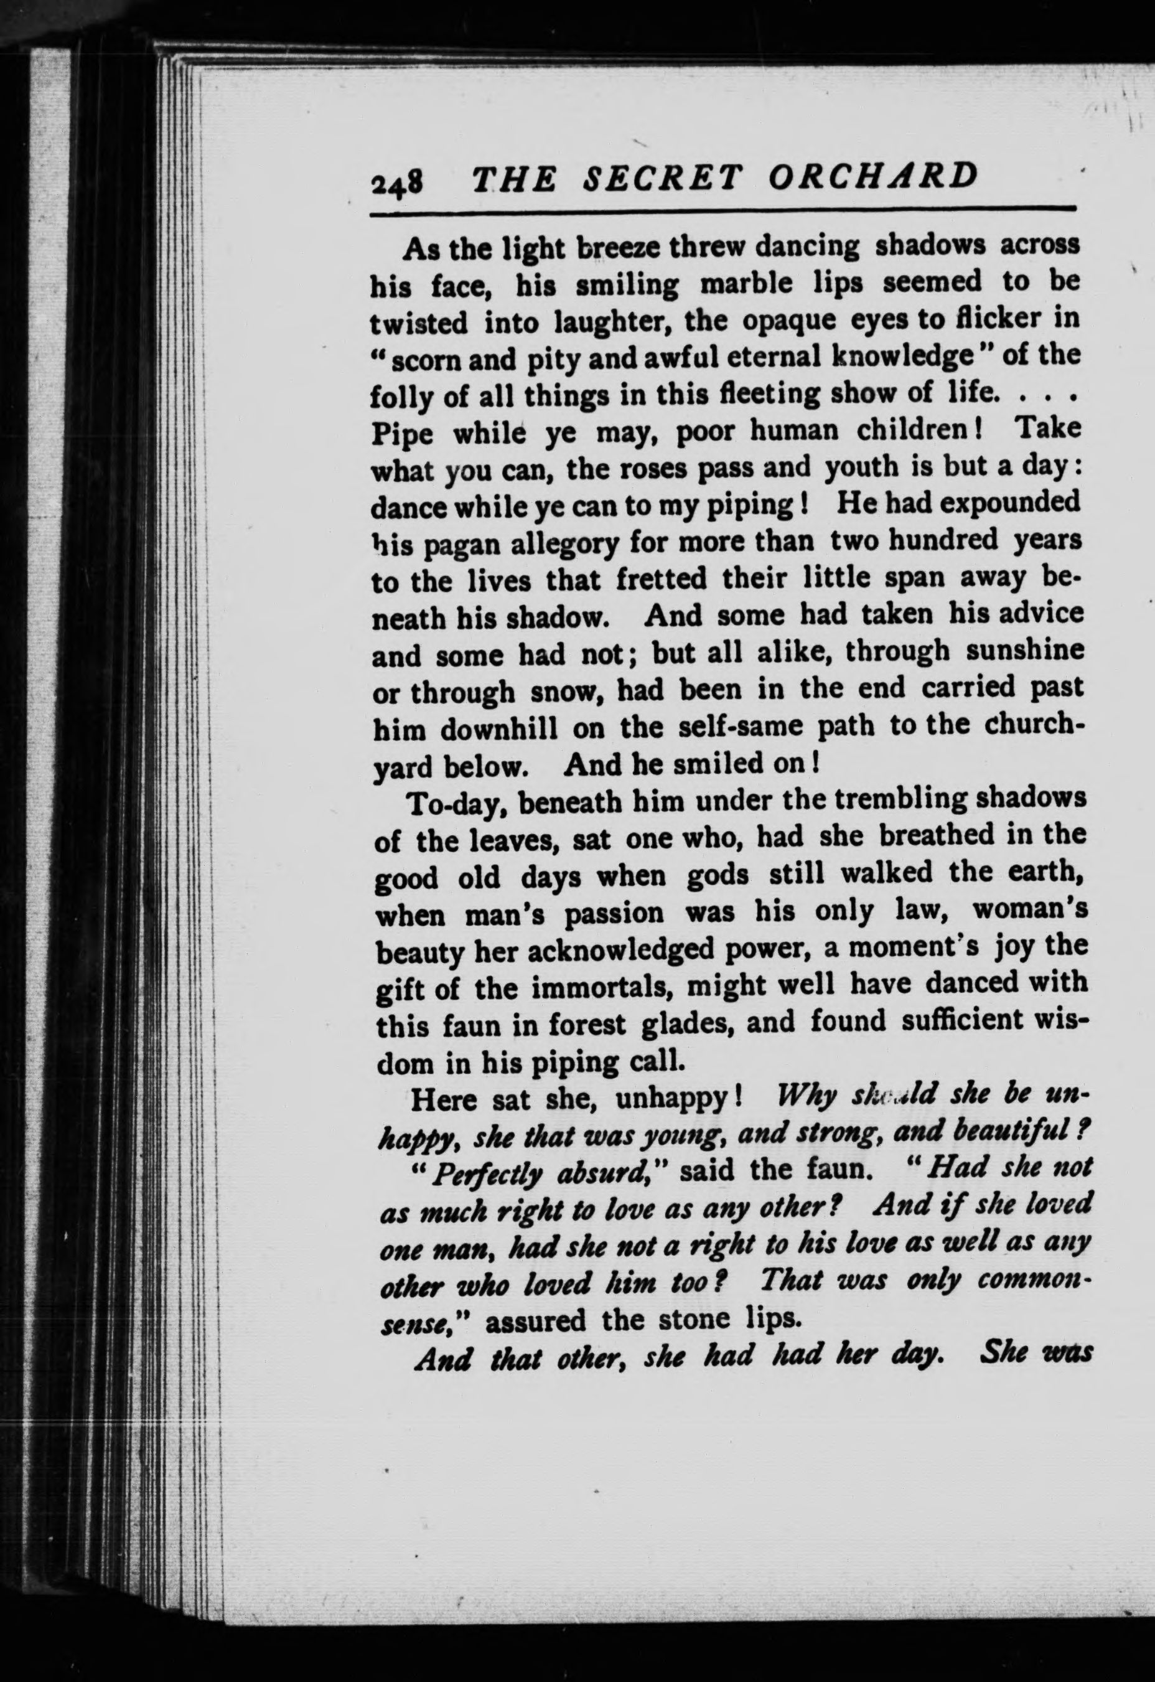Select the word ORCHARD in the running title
[872, 176]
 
